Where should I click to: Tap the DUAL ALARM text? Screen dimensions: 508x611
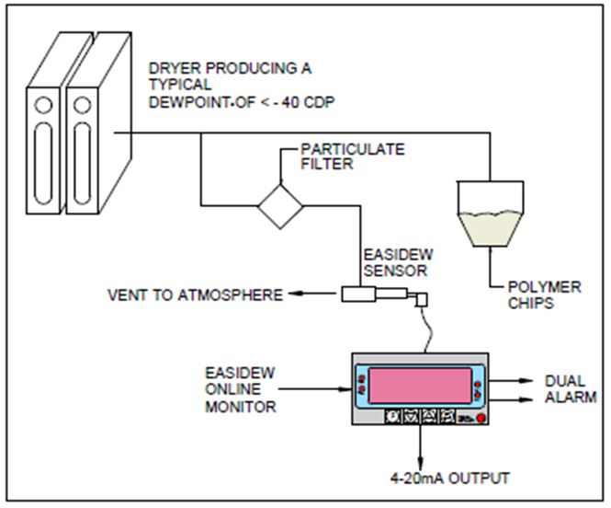(571, 387)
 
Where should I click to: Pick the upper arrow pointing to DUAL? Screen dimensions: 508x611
(527, 378)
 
